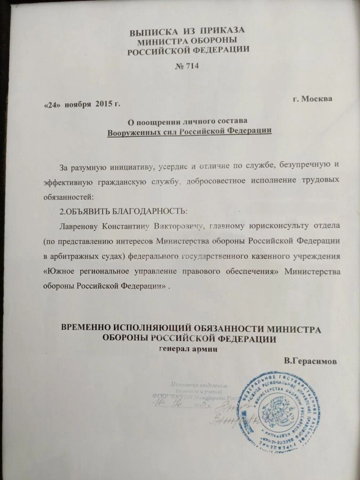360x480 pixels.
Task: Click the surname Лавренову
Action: [x=81, y=224]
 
